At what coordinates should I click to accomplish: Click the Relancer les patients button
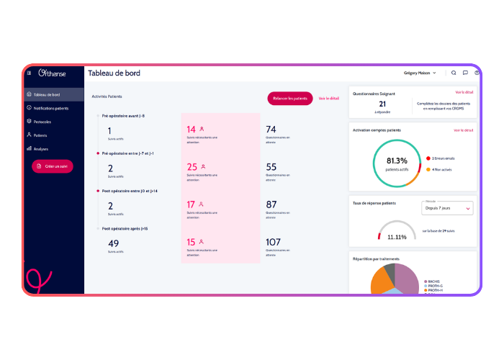(290, 98)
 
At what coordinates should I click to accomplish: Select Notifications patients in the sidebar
(50, 108)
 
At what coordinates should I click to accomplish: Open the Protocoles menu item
(42, 122)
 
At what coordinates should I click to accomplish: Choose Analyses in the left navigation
(40, 148)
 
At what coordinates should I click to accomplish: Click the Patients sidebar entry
(40, 135)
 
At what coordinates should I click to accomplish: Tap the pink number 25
(192, 167)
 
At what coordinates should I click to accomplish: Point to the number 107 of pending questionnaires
(273, 243)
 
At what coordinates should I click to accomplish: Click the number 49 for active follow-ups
(113, 243)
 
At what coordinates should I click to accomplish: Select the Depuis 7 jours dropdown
(446, 208)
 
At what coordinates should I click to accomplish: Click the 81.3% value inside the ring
(397, 161)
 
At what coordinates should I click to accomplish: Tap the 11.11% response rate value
(397, 237)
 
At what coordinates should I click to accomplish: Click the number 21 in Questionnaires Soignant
(382, 104)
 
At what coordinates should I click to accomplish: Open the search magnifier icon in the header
(454, 73)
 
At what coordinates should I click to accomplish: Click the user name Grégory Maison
(418, 73)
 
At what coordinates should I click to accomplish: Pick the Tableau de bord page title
(114, 73)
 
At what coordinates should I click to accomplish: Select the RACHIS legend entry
(433, 282)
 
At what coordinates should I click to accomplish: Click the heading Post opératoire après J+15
(125, 228)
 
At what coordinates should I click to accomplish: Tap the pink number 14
(192, 130)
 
